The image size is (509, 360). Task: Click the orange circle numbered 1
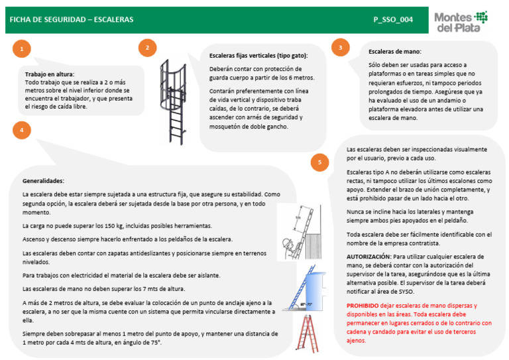pyautogui.click(x=23, y=49)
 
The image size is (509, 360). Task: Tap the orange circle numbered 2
pyautogui.click(x=147, y=48)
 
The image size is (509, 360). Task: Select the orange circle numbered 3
pyautogui.click(x=340, y=48)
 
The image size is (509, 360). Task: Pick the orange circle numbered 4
pyautogui.click(x=23, y=131)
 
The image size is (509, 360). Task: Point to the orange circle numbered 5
pyautogui.click(x=320, y=162)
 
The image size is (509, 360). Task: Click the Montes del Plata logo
pyautogui.click(x=461, y=21)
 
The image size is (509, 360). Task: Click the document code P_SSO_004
pyautogui.click(x=393, y=20)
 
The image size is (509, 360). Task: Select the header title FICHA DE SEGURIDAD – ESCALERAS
pyautogui.click(x=72, y=20)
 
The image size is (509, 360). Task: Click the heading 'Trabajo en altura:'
pyautogui.click(x=50, y=74)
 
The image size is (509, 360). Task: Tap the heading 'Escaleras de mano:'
pyautogui.click(x=395, y=52)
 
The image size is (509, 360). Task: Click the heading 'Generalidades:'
pyautogui.click(x=43, y=181)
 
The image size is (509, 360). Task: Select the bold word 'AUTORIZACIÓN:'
pyautogui.click(x=368, y=256)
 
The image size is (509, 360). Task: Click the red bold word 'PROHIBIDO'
pyautogui.click(x=364, y=306)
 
